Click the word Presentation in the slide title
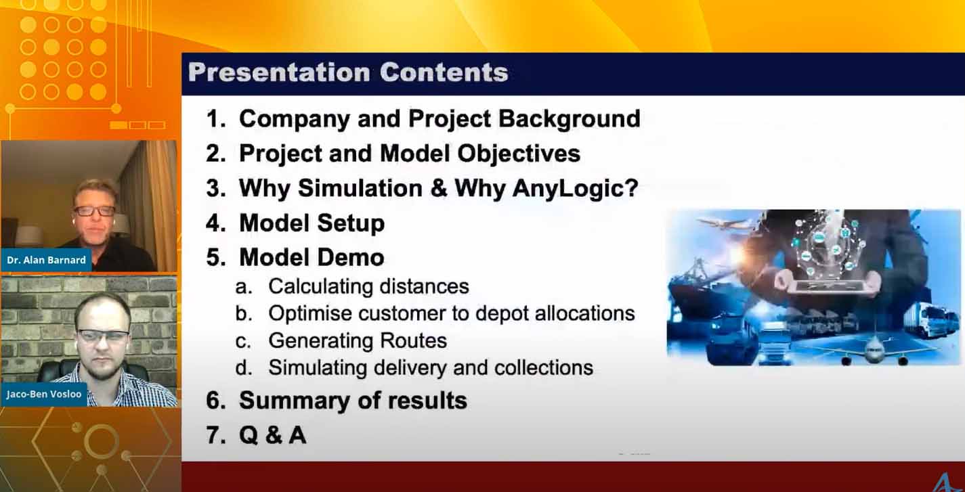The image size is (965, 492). click(x=279, y=72)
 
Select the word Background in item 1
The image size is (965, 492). click(x=569, y=119)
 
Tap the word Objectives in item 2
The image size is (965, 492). click(x=519, y=154)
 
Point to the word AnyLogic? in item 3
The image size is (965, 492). click(x=575, y=189)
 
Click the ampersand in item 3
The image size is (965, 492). click(x=439, y=189)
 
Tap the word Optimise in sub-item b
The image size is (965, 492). click(x=310, y=314)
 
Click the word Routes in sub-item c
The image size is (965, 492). click(x=414, y=341)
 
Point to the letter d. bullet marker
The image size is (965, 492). click(x=244, y=368)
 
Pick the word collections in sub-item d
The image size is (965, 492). click(x=544, y=368)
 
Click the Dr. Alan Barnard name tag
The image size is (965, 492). click(x=46, y=260)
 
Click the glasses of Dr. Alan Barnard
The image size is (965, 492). click(x=94, y=211)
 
